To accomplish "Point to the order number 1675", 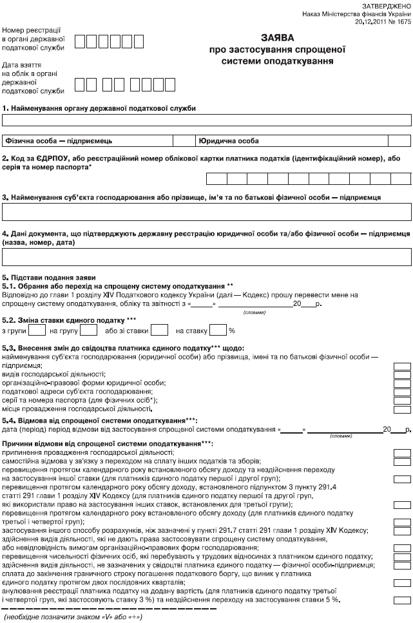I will tap(403, 21).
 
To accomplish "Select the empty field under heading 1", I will tap(206, 119).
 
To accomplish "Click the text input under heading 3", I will tap(206, 211).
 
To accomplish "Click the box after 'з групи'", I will tap(38, 331).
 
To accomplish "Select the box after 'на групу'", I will tap(88, 331).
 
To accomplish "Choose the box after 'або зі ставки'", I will tap(159, 331).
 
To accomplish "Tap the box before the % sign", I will tap(218, 331).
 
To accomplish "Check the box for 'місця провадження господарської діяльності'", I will tap(402, 408).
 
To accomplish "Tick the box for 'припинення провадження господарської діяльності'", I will tap(402, 452).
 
